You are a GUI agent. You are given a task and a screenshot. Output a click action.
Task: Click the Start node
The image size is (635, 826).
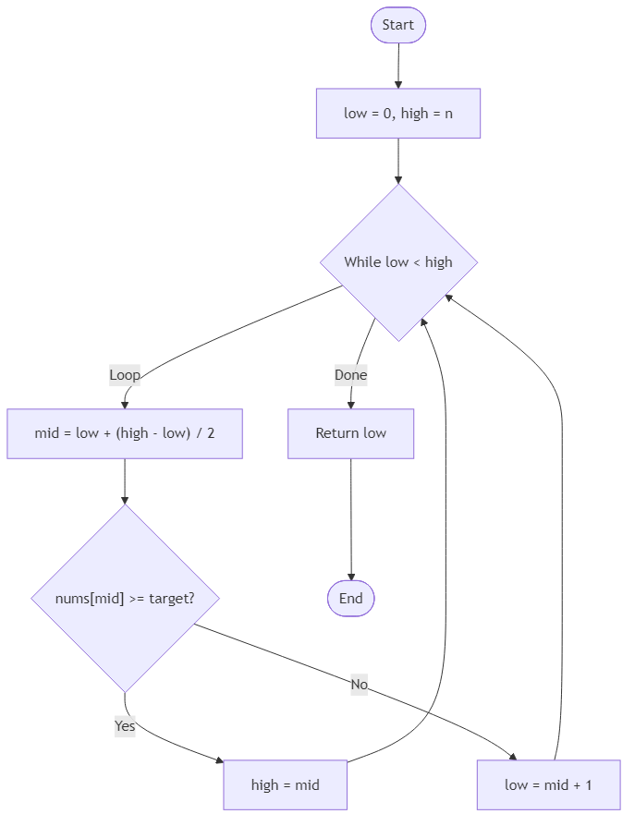point(397,25)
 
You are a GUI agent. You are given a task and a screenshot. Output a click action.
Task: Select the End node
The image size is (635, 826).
point(350,599)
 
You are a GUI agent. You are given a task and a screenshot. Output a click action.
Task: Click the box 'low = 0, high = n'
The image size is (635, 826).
point(397,114)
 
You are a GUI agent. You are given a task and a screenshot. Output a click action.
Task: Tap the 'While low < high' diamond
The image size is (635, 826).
point(398,262)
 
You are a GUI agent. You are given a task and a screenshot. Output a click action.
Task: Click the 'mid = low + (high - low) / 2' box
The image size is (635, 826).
point(125,433)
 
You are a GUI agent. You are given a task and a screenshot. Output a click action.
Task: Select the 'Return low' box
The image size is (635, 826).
point(350,433)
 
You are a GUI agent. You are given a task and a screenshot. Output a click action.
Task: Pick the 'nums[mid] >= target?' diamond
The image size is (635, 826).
point(125,599)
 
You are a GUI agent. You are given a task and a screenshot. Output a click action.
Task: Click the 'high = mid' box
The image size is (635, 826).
point(285,785)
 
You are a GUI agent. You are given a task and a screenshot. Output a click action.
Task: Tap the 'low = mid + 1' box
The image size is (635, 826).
point(548,785)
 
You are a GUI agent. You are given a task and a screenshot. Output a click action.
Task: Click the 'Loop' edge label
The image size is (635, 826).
point(125,375)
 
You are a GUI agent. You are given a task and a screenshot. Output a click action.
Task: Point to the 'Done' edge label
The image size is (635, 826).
point(350,375)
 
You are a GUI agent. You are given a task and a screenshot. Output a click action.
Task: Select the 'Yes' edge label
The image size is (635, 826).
point(125,726)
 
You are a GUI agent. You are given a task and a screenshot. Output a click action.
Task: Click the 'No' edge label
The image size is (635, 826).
point(360,685)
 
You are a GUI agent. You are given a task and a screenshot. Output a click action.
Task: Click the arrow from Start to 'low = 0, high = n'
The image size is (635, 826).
point(397,65)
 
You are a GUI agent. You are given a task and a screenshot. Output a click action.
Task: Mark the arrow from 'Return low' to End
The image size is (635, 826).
point(350,517)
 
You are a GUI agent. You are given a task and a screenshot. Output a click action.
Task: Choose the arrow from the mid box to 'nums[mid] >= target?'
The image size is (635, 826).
point(125,480)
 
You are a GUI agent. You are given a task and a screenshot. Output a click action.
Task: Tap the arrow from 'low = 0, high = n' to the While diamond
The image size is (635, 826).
point(397,161)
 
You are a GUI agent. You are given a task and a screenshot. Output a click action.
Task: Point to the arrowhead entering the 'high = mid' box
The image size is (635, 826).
point(218,761)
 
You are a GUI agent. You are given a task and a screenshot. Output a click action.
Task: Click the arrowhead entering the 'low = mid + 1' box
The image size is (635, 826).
point(514,757)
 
